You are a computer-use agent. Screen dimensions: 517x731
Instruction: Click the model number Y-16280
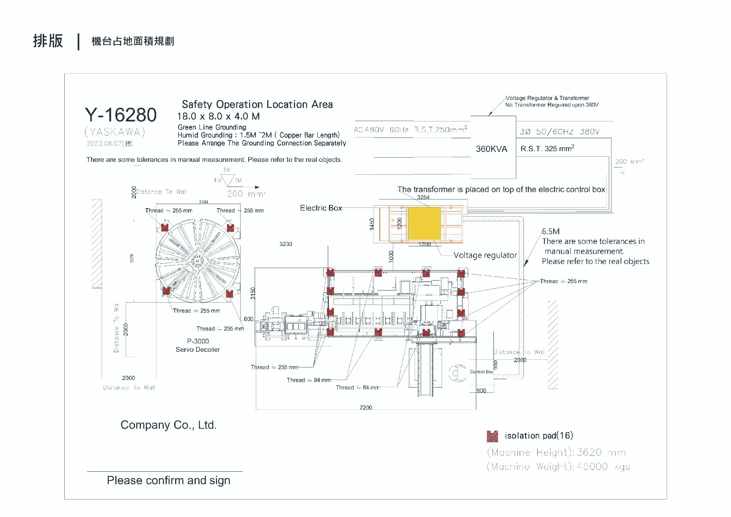pos(121,115)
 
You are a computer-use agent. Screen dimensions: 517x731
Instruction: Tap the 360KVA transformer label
pos(491,149)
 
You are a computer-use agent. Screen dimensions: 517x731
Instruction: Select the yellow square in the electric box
pos(424,223)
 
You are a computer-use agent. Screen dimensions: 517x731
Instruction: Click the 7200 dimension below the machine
pos(366,407)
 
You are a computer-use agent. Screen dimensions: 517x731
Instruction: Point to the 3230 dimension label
pos(286,244)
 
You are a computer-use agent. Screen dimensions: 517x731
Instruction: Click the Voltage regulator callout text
pos(485,255)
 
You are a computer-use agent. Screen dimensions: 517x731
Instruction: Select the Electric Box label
pos(321,208)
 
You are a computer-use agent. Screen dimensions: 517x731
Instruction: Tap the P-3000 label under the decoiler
pos(198,341)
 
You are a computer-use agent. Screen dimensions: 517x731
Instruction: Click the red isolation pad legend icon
pos(492,436)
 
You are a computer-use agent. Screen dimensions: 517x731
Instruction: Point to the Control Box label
pos(481,372)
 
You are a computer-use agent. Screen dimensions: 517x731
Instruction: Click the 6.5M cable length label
pos(551,231)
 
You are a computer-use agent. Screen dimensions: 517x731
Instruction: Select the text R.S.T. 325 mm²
pos(547,148)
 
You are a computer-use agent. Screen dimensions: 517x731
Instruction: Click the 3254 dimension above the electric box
pos(423,197)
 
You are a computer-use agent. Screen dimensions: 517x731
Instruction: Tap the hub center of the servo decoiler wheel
pos(198,261)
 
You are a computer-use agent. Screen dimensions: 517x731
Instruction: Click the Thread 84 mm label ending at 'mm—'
pos(308,380)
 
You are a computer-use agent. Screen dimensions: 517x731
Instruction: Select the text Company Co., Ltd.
pos(168,425)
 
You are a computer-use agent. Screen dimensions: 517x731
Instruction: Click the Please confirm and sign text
pos(168,480)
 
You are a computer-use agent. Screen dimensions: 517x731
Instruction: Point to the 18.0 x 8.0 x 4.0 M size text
pos(219,116)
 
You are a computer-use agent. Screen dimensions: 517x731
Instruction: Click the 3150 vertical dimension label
pos(253,293)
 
